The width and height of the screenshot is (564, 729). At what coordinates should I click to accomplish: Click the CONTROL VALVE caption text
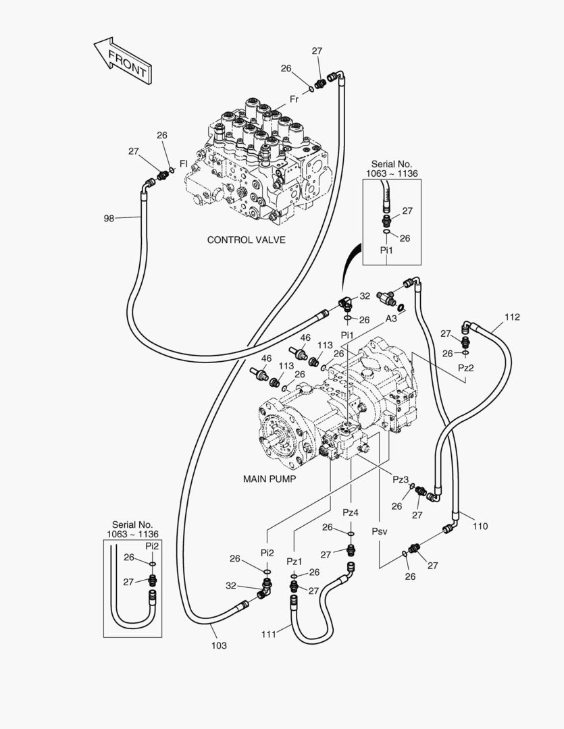click(x=246, y=240)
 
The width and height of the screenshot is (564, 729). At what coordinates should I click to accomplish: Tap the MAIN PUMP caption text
click(x=270, y=479)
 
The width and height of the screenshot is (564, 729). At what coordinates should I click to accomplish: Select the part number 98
click(x=109, y=218)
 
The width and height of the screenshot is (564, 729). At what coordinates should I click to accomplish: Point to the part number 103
click(x=219, y=645)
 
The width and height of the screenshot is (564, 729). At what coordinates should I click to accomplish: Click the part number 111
click(x=270, y=634)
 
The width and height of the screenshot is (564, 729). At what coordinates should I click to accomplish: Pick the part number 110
click(x=480, y=526)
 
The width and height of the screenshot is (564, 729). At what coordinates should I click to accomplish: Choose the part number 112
click(x=512, y=317)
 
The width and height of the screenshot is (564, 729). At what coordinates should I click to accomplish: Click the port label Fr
click(x=294, y=99)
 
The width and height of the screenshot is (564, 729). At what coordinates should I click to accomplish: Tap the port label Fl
click(x=183, y=163)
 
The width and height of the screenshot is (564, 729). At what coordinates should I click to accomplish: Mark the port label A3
click(x=391, y=319)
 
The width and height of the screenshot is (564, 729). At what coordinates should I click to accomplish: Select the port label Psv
click(x=380, y=531)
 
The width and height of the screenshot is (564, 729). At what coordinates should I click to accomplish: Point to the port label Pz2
click(x=465, y=369)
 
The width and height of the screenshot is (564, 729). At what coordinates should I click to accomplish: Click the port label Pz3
click(x=401, y=479)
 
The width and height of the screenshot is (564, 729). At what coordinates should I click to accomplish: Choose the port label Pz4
click(x=350, y=512)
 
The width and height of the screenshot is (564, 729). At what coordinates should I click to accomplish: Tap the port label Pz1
click(x=294, y=561)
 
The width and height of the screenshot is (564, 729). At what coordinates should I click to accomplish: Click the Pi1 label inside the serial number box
click(x=386, y=250)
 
